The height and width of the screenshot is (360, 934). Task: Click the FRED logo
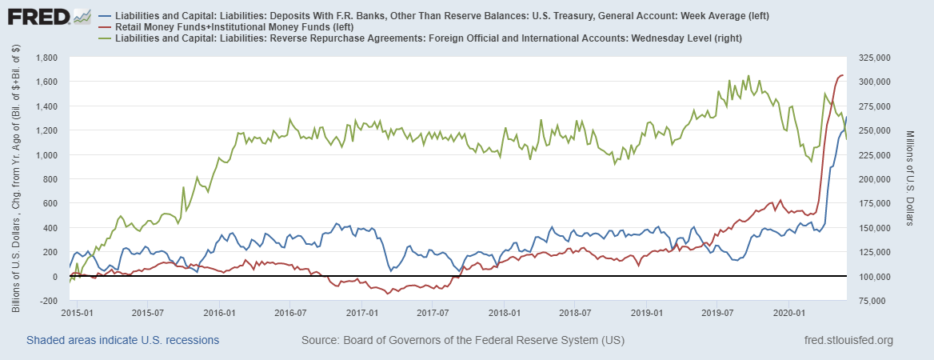[37, 16]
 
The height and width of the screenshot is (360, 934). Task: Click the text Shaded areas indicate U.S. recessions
[122, 341]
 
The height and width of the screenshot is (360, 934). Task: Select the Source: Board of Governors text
[462, 341]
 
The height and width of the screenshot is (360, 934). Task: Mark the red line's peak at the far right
[842, 75]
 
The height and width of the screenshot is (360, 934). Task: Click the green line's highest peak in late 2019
[748, 76]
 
